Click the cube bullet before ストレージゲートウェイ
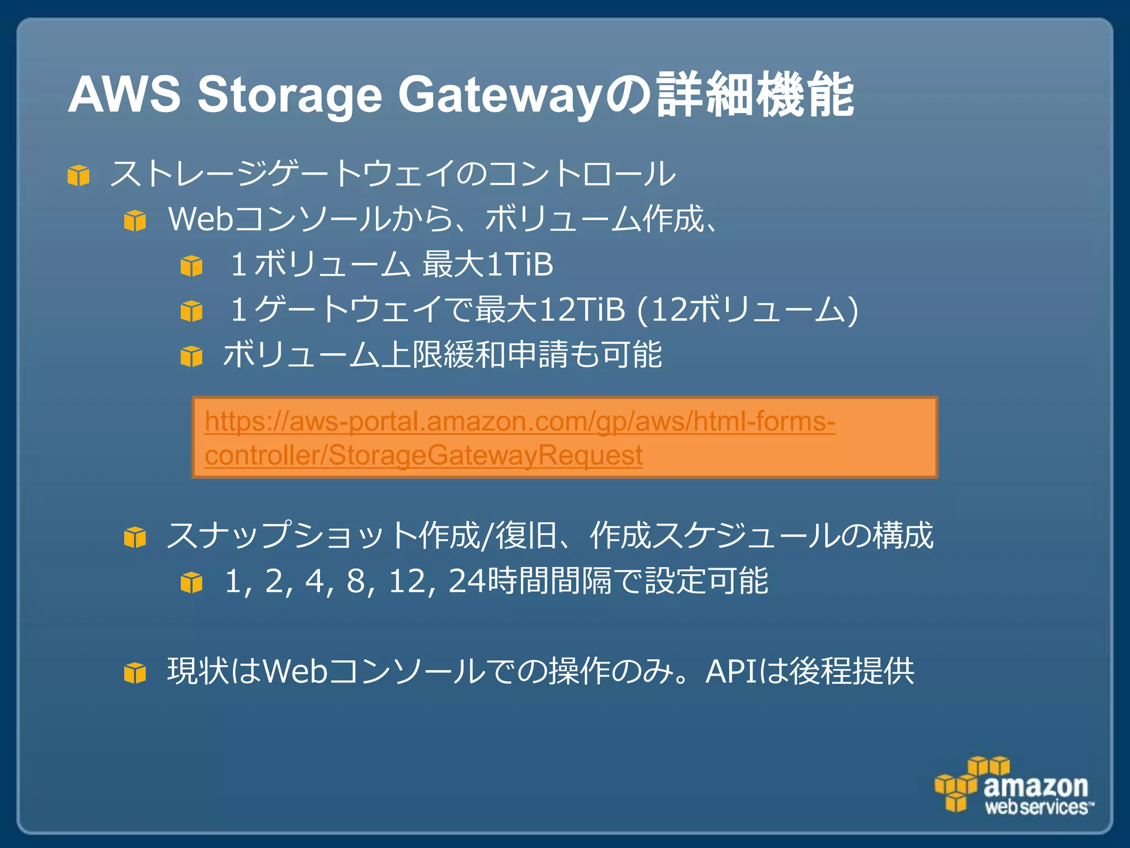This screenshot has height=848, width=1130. click(78, 176)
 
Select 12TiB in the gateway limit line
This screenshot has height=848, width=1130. click(582, 309)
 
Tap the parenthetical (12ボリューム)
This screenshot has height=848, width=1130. click(747, 309)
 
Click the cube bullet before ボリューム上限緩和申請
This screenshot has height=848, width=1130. click(191, 356)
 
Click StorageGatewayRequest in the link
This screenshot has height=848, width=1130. click(486, 455)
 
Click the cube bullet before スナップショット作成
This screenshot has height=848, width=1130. click(135, 537)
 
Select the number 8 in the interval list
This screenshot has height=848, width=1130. click(356, 581)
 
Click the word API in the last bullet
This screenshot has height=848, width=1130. click(731, 672)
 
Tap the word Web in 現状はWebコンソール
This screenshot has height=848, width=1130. click(295, 672)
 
